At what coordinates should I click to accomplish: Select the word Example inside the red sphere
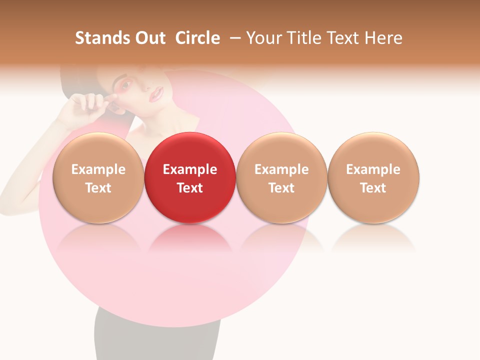click(x=190, y=169)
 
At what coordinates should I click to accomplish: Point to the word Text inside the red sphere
click(x=190, y=188)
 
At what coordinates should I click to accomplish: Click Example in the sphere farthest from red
click(x=373, y=169)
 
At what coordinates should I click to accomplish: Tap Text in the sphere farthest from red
click(x=373, y=188)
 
